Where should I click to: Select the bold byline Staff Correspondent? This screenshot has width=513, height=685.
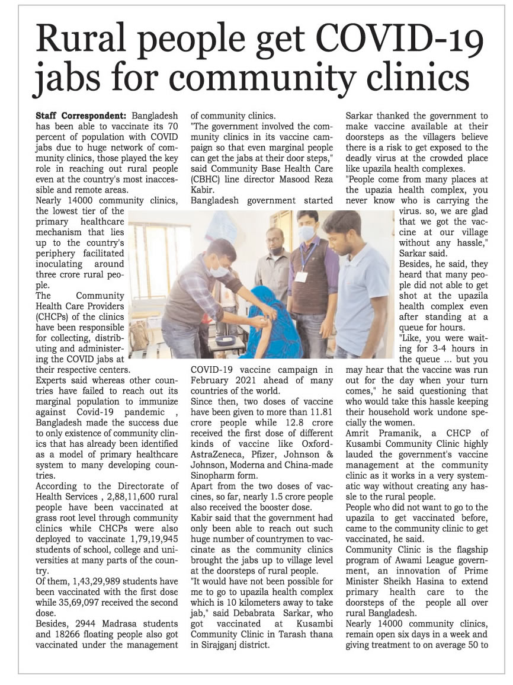(x=81, y=116)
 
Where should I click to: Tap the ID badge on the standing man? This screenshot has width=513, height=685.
(x=302, y=276)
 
